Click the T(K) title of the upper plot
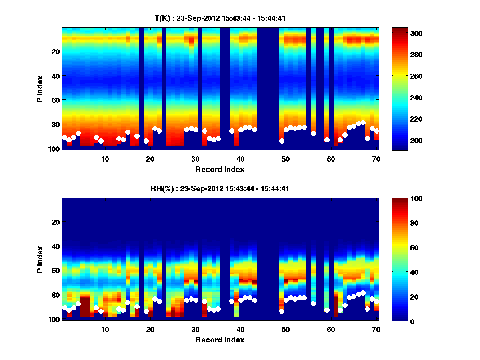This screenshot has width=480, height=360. pyautogui.click(x=220, y=18)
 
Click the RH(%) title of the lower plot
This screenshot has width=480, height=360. pyautogui.click(x=220, y=189)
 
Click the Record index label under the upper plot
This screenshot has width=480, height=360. pyautogui.click(x=220, y=169)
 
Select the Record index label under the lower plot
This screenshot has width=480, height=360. pyautogui.click(x=220, y=340)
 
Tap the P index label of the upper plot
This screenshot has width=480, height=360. pyautogui.click(x=40, y=88)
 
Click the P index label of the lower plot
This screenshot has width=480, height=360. pyautogui.click(x=40, y=259)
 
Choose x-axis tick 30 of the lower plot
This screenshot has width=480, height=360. pyautogui.click(x=195, y=329)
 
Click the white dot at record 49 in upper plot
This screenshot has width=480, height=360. pyautogui.click(x=282, y=141)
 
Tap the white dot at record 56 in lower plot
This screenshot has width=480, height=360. pyautogui.click(x=313, y=304)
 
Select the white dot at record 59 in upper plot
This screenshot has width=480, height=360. pyautogui.click(x=327, y=140)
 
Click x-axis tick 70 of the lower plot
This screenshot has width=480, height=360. pyautogui.click(x=376, y=329)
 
